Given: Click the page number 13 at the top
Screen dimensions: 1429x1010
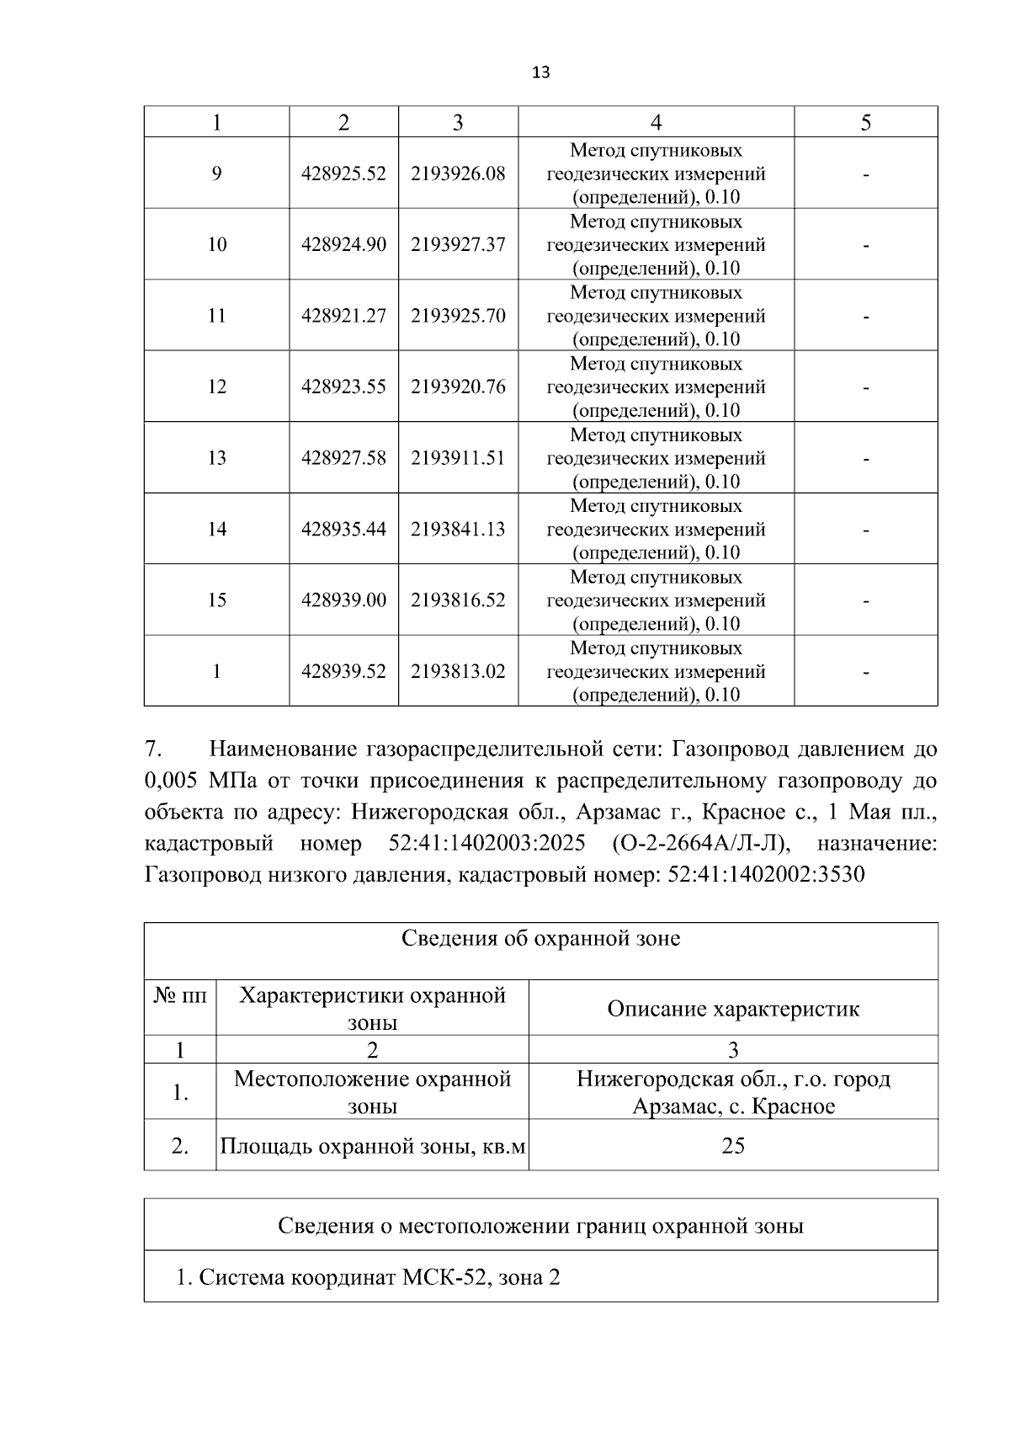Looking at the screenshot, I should [541, 72].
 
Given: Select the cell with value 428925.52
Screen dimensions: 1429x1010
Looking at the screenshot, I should [343, 173].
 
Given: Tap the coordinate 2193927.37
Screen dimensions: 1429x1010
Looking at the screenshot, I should [458, 244].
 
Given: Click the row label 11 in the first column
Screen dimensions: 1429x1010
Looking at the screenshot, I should [216, 316].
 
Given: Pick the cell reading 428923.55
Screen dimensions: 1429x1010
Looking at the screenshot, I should [343, 387].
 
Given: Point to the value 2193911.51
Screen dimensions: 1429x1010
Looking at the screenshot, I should [458, 458].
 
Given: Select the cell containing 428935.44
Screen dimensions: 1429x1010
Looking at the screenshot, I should [343, 529].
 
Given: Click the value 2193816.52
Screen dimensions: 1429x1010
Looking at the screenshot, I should [458, 600].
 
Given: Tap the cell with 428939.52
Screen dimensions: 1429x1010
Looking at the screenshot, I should [343, 671].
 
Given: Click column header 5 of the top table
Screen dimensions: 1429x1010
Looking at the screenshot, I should [865, 123].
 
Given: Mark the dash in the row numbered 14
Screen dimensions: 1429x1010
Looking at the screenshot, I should [865, 530].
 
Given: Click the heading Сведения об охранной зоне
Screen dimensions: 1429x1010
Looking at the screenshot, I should [540, 938].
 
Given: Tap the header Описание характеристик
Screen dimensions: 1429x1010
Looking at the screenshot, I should [733, 1009].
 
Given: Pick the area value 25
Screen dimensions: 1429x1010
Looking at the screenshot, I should [733, 1145].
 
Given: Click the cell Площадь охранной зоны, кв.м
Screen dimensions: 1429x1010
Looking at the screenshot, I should [372, 1146].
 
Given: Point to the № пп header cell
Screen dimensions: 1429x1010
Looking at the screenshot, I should [180, 996].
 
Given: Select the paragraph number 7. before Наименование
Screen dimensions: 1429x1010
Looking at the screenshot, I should [152, 749].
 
